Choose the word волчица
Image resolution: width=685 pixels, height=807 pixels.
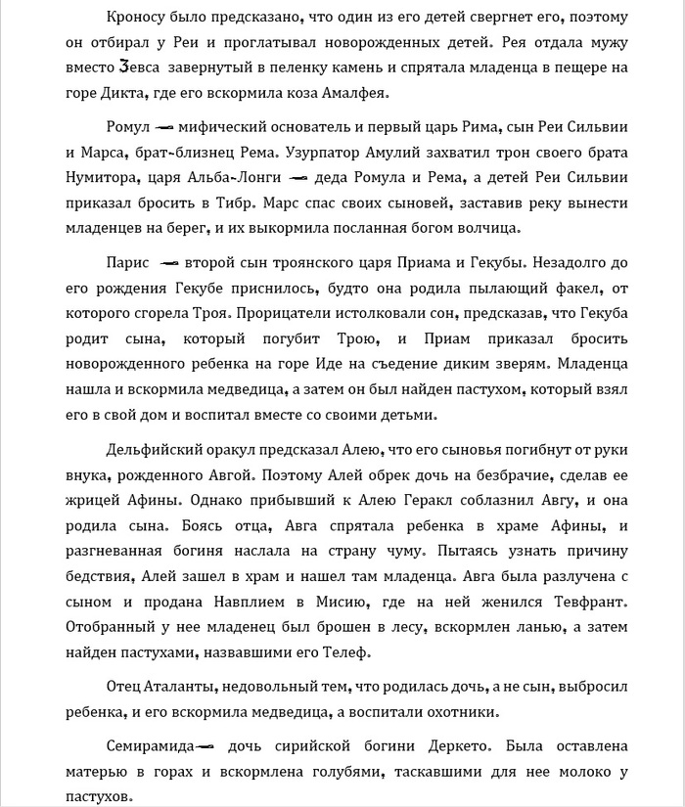pos(488,228)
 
